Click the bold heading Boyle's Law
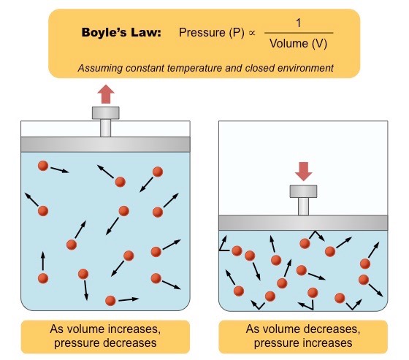click(x=121, y=33)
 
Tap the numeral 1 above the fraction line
click(x=299, y=23)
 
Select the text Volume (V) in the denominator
click(x=299, y=43)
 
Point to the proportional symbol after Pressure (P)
click(x=252, y=33)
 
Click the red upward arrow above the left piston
click(x=106, y=94)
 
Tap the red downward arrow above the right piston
click(x=303, y=172)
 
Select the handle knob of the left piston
click(x=106, y=113)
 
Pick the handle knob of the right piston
click(x=303, y=191)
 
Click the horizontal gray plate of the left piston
click(x=105, y=145)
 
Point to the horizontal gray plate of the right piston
click(x=303, y=223)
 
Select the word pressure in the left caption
click(x=75, y=343)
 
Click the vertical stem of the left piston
click(x=106, y=128)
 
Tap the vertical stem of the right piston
click(x=303, y=207)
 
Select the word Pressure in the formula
click(x=202, y=33)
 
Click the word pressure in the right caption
click(x=275, y=343)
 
